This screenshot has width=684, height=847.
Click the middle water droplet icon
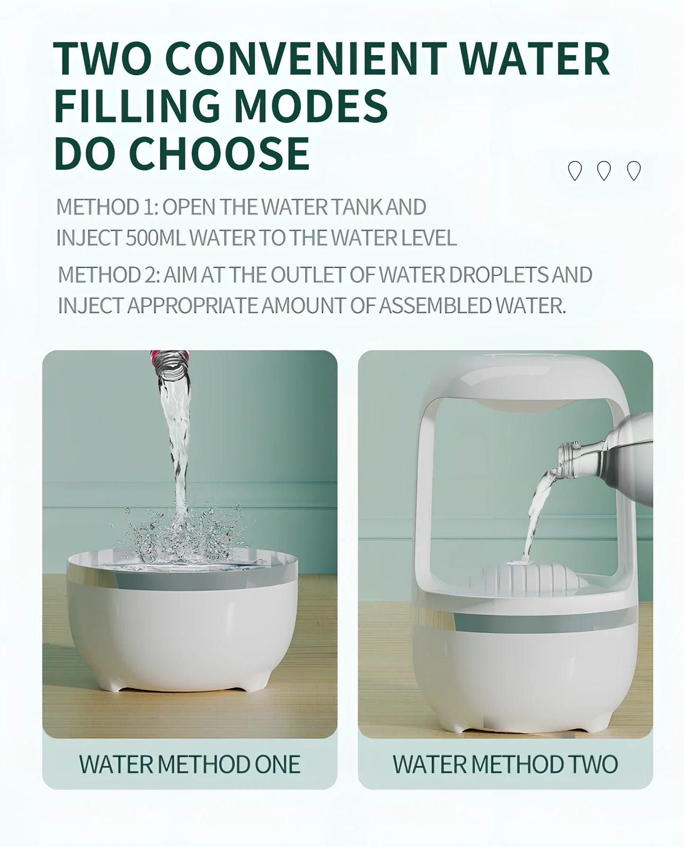coord(604,171)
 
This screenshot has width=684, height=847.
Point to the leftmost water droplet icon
coord(574,171)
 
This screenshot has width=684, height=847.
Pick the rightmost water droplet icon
coord(634,171)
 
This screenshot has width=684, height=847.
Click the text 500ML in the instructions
coord(156,238)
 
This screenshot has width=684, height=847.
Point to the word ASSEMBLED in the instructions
coord(434,305)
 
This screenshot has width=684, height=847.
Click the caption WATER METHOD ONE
coord(190,764)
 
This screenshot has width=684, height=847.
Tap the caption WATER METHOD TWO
coord(505,764)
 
